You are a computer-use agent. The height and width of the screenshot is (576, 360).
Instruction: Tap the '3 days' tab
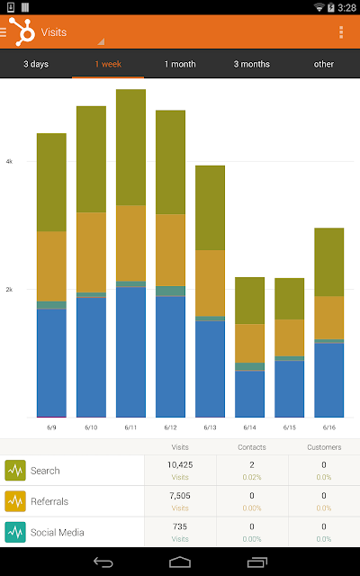click(x=36, y=64)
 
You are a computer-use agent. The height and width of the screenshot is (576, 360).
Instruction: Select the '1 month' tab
click(x=180, y=64)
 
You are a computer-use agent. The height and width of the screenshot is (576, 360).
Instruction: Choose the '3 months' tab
click(x=252, y=64)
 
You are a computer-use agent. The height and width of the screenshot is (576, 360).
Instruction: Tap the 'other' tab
click(x=324, y=64)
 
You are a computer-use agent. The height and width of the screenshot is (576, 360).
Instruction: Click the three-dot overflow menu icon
click(x=341, y=32)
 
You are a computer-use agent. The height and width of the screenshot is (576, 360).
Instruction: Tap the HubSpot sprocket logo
click(x=22, y=31)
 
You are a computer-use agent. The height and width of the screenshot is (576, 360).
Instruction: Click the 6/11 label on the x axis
click(x=130, y=427)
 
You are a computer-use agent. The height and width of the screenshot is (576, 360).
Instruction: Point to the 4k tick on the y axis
click(x=9, y=161)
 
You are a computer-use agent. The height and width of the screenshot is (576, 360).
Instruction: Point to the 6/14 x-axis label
click(x=250, y=427)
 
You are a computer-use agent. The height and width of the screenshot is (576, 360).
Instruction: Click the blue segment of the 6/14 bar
click(x=250, y=394)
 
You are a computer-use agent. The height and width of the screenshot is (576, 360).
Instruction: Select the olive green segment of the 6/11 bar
click(x=130, y=148)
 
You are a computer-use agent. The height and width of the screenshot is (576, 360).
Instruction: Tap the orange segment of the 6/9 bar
click(x=52, y=266)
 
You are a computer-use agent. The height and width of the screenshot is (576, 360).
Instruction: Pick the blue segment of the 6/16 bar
click(x=329, y=380)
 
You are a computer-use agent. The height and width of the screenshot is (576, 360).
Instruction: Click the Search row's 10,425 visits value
click(x=180, y=464)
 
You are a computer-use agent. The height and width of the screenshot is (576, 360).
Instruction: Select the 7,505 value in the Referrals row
click(x=180, y=496)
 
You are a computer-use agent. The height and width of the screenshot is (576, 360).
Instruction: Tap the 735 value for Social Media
click(x=180, y=526)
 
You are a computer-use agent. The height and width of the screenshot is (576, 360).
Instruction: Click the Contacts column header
click(x=252, y=447)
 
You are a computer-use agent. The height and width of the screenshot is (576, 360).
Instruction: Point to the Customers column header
click(x=324, y=447)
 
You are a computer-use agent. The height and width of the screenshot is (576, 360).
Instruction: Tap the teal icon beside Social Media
click(x=15, y=532)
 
